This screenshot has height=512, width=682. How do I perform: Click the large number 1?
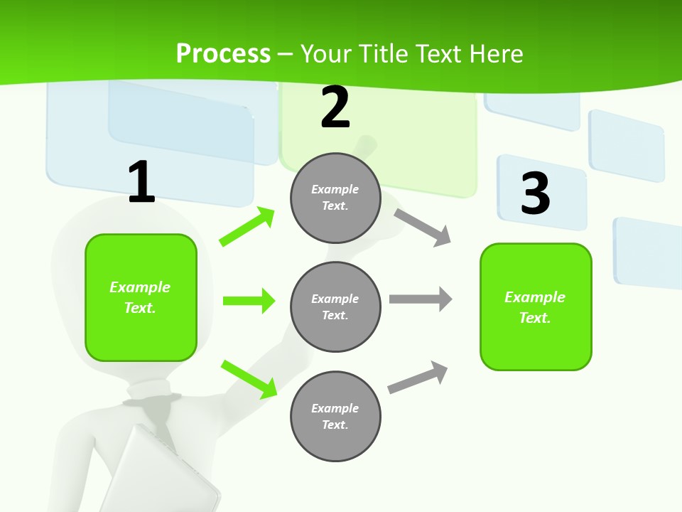pyautogui.click(x=141, y=183)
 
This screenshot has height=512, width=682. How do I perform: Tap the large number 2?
pyautogui.click(x=335, y=108)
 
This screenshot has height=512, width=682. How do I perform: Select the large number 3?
pyautogui.click(x=536, y=193)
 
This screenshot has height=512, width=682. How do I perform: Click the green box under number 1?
pyautogui.click(x=141, y=297)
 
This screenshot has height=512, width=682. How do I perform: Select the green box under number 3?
pyautogui.click(x=536, y=307)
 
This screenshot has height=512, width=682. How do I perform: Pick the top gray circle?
pyautogui.click(x=335, y=198)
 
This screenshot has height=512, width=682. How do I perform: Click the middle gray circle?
pyautogui.click(x=335, y=306)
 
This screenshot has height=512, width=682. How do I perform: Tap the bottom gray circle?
pyautogui.click(x=335, y=416)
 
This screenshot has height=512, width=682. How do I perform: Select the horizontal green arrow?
pyautogui.click(x=249, y=301)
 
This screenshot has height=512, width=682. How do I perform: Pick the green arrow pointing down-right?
pyautogui.click(x=249, y=378)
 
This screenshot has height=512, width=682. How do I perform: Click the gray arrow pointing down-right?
pyautogui.click(x=423, y=227)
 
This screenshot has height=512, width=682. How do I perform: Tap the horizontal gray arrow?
pyautogui.click(x=420, y=299)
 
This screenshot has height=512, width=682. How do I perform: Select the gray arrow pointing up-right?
pyautogui.click(x=418, y=378)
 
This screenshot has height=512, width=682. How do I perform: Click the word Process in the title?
pyautogui.click(x=223, y=53)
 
